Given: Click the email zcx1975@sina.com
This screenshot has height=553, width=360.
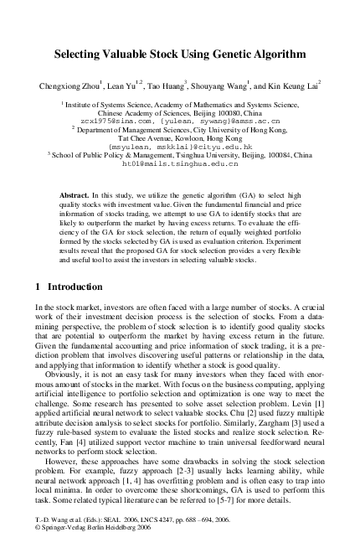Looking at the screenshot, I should tap(114, 121).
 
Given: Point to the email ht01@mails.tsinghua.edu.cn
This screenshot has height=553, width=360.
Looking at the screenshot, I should tap(179, 164).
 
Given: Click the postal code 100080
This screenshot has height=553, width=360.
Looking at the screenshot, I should tap(225, 112).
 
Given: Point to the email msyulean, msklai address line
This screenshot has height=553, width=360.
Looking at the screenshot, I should tap(179, 147).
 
